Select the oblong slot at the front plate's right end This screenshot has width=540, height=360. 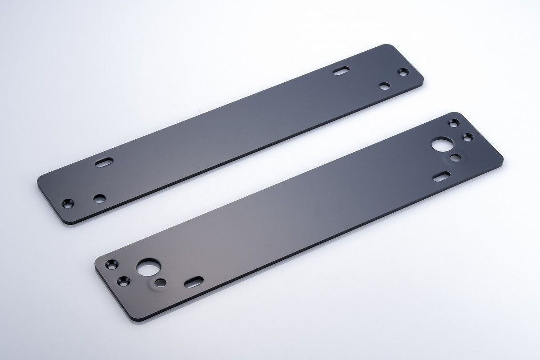click(x=442, y=176)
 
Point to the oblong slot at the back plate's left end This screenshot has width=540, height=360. click(x=104, y=162)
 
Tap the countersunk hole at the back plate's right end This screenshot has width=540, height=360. click(x=403, y=72)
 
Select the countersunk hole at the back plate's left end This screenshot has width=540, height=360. click(x=67, y=203)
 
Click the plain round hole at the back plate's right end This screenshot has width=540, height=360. click(x=385, y=86)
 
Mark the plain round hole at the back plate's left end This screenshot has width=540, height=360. click(x=100, y=198)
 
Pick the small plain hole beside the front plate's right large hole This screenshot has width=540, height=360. click(x=455, y=158)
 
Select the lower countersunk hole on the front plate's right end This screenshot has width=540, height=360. click(x=467, y=137)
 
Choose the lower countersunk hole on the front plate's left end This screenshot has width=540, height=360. click(x=123, y=281)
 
